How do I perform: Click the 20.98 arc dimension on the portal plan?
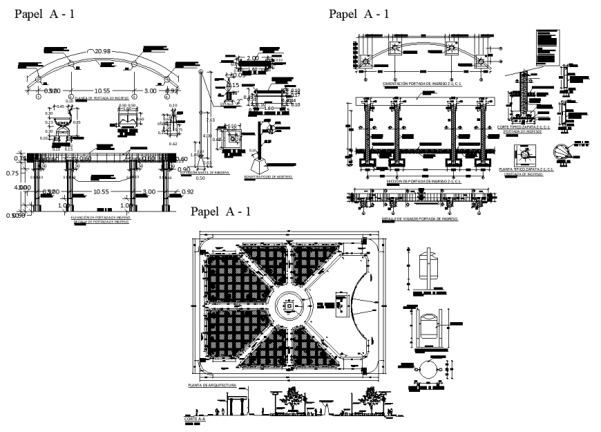click(x=103, y=52)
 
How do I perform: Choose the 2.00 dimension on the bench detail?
click(x=251, y=58)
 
